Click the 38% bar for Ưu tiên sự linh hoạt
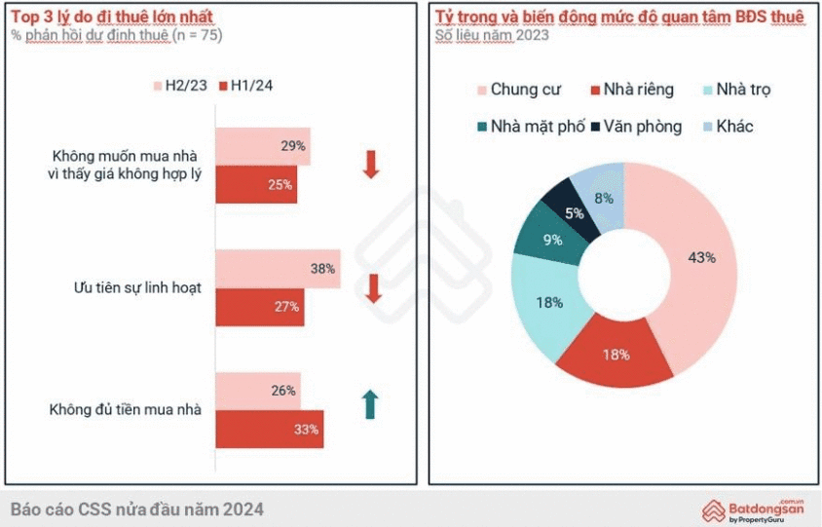[278, 268]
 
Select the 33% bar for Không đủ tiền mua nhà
[269, 429]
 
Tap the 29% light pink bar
[263, 146]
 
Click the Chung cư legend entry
[517, 91]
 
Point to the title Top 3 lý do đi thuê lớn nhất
[112, 17]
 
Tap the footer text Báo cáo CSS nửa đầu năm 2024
[136, 509]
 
